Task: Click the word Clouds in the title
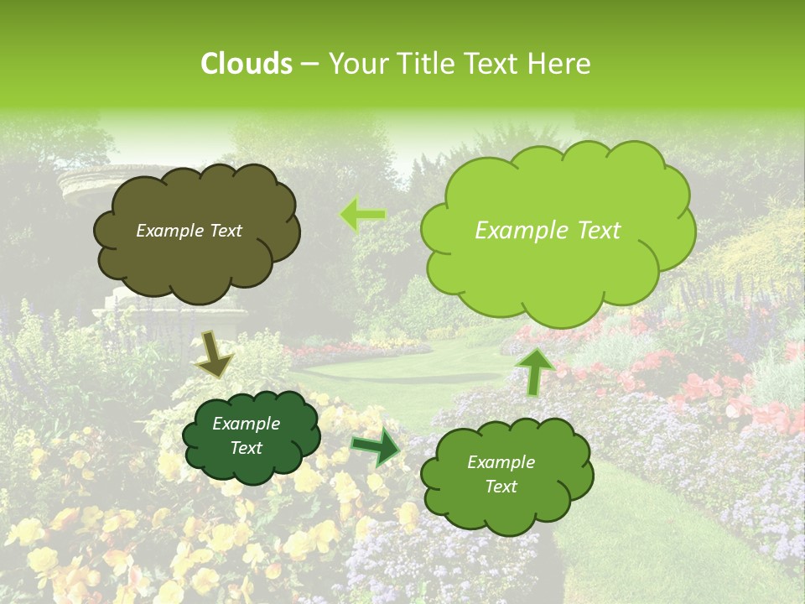click(x=246, y=64)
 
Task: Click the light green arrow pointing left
click(x=362, y=216)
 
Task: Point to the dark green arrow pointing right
click(x=376, y=447)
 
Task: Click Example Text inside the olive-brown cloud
click(x=189, y=231)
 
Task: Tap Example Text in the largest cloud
click(x=548, y=231)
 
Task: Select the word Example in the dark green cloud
click(x=246, y=424)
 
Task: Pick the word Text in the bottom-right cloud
click(x=501, y=487)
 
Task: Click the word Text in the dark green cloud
click(x=246, y=448)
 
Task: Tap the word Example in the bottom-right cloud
click(x=501, y=462)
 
